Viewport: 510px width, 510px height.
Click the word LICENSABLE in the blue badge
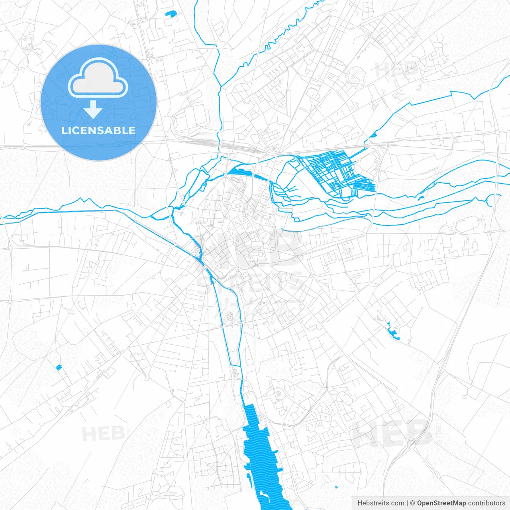[98, 130]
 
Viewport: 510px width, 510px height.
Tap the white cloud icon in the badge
[98, 79]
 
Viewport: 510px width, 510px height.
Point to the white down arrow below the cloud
[93, 110]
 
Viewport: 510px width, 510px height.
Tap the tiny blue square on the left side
[59, 367]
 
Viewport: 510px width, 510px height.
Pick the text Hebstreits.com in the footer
[381, 503]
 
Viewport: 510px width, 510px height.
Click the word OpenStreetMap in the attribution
[441, 503]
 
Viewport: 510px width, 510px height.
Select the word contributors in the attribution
[486, 503]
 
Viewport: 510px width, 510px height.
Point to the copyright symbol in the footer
[413, 503]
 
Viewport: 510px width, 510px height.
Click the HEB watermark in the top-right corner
[396, 69]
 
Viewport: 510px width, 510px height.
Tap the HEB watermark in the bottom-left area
[103, 433]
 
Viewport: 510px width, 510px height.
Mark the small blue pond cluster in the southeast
[392, 331]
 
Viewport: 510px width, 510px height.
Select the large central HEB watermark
[251, 249]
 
